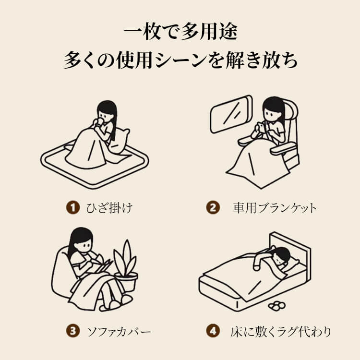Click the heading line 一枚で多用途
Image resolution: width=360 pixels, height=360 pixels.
tap(180, 32)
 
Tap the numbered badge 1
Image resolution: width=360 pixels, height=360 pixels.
tap(73, 207)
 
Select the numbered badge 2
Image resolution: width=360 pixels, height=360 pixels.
tap(213, 207)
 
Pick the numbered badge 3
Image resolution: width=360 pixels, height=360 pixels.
tap(73, 331)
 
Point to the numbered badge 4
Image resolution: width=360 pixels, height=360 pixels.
tap(213, 331)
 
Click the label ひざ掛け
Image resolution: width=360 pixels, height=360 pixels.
tap(109, 208)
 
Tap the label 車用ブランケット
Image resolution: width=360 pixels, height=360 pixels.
tap(275, 208)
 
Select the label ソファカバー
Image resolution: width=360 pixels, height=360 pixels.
tap(119, 332)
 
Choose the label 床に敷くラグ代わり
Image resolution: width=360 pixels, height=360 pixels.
tap(281, 332)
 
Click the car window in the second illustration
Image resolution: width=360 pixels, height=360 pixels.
tap(231, 114)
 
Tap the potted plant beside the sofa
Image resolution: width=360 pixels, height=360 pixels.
tap(126, 266)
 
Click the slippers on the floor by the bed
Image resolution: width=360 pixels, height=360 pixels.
tap(277, 306)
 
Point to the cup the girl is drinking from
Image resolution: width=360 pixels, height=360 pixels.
tap(100, 122)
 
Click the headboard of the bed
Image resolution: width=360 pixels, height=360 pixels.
tap(290, 252)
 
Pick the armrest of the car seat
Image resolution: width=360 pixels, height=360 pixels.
tap(283, 148)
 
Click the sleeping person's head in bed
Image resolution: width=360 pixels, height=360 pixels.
tap(282, 255)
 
